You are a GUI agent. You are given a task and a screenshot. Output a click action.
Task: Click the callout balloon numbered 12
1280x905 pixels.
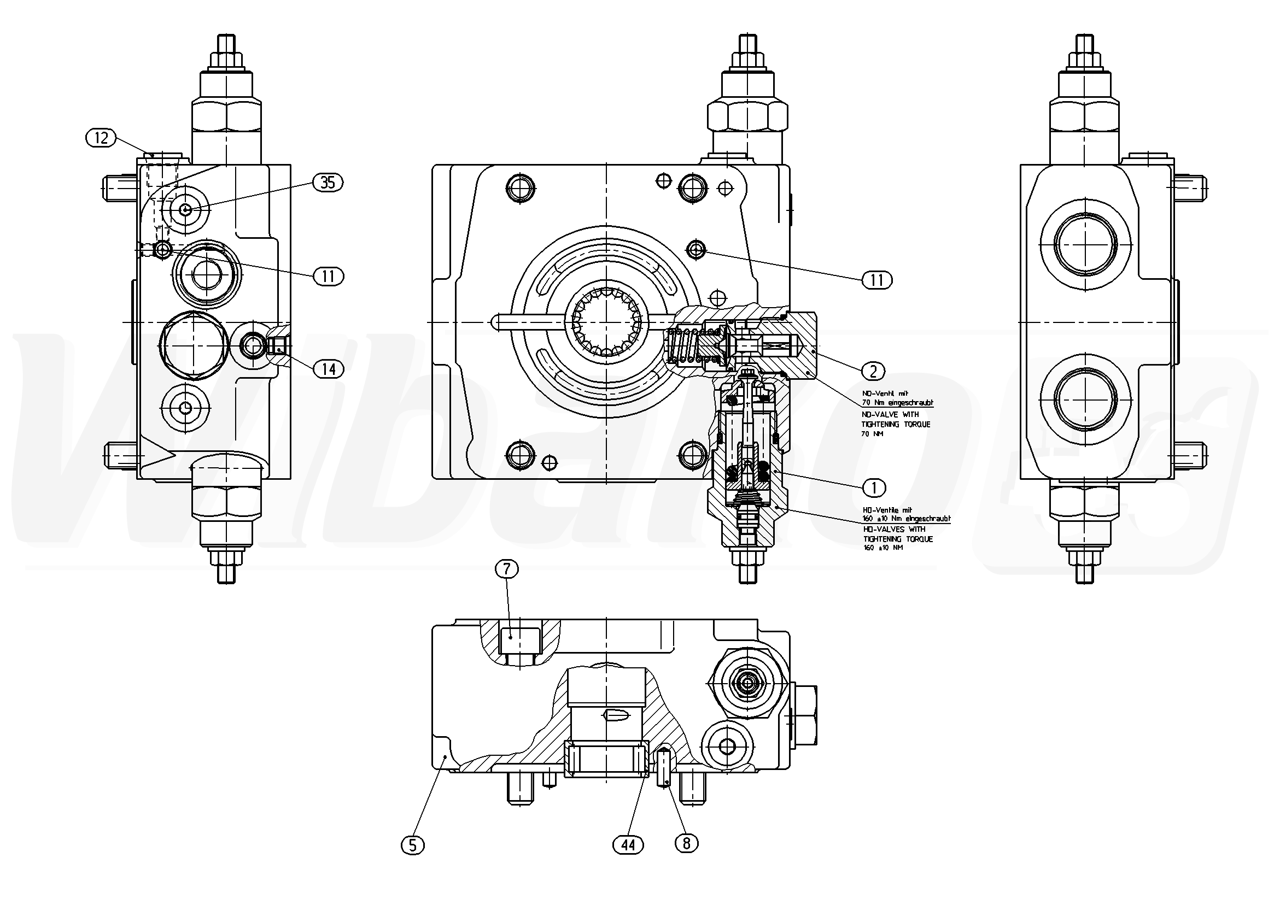(101, 137)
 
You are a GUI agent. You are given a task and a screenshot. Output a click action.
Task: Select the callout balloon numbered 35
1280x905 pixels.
(328, 182)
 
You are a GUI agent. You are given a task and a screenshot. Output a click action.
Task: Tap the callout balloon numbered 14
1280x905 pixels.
(328, 368)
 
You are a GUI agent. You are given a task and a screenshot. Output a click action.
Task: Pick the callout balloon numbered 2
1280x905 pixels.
(873, 371)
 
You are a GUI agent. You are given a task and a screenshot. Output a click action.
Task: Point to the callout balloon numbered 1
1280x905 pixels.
(874, 487)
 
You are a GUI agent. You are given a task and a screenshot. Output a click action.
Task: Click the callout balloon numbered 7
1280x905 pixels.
(507, 569)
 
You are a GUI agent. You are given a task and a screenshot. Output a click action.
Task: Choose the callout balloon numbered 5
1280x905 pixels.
(413, 845)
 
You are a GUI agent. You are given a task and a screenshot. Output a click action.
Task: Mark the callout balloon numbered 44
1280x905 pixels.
(628, 845)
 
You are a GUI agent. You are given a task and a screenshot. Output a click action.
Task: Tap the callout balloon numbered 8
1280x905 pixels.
(686, 844)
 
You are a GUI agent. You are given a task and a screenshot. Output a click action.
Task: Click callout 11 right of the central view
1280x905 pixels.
(877, 280)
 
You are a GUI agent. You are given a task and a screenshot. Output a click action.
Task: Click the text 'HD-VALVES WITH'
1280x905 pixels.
(893, 530)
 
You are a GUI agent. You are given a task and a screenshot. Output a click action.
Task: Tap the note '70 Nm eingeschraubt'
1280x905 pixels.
(898, 402)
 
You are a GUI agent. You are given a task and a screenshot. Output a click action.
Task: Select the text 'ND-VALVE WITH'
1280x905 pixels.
(890, 415)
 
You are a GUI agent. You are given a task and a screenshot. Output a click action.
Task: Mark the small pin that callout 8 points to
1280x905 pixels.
(663, 768)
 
